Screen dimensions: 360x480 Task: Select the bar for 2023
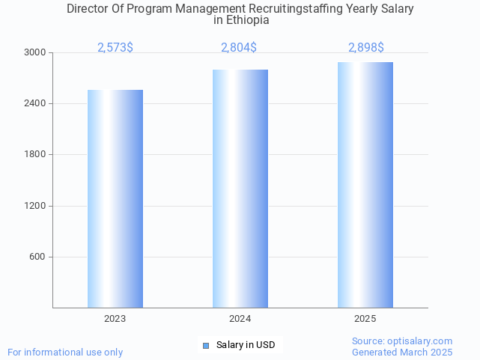click(x=115, y=198)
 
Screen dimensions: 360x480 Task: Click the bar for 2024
click(x=240, y=189)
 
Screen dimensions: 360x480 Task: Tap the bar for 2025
click(x=365, y=185)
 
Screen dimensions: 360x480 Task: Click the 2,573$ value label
click(x=115, y=48)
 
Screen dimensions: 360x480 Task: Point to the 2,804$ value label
click(x=239, y=48)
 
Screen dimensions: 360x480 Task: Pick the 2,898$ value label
click(x=366, y=48)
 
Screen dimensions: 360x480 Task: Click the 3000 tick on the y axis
click(x=36, y=52)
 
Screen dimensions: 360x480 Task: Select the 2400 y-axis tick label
click(x=36, y=103)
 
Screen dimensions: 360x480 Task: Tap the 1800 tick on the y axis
click(x=36, y=154)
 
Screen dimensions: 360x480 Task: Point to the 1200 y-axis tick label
click(x=36, y=206)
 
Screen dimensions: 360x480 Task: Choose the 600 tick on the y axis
click(x=38, y=257)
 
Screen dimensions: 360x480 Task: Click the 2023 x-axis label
click(x=115, y=319)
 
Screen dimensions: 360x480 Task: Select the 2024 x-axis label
click(x=240, y=319)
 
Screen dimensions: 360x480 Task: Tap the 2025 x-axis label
click(x=365, y=319)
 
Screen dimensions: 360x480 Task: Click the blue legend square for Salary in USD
click(x=206, y=345)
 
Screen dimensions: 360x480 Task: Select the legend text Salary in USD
click(x=246, y=345)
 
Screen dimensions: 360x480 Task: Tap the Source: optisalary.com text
click(x=402, y=341)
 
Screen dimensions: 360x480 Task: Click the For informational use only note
click(x=65, y=352)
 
